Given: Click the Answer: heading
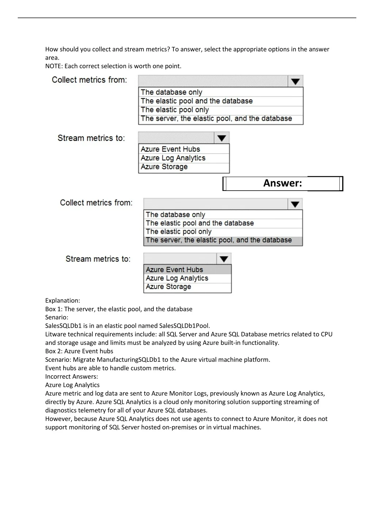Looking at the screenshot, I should click(x=282, y=183).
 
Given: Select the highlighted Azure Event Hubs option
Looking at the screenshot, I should click(x=174, y=270).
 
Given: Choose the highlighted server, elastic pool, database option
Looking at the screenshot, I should click(x=218, y=240).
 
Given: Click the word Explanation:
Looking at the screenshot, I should click(x=62, y=301).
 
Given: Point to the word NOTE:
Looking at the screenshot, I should click(x=54, y=66).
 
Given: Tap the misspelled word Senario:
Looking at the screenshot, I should click(x=57, y=317).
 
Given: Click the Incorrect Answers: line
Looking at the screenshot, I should click(x=72, y=376).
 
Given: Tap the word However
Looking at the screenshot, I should click(x=58, y=419).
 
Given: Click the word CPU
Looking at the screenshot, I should click(x=327, y=334).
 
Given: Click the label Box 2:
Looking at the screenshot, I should click(x=54, y=351).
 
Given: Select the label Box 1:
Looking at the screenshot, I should click(x=54, y=309).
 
